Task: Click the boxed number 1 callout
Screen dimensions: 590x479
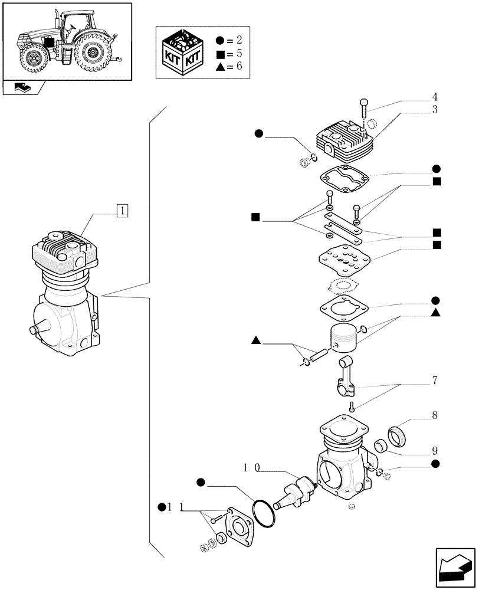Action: tap(122, 209)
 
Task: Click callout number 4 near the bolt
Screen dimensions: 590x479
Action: tap(434, 97)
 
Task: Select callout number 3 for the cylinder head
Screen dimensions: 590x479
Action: tap(434, 110)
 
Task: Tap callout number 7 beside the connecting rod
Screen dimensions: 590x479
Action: tap(434, 381)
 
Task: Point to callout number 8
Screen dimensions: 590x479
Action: tap(434, 415)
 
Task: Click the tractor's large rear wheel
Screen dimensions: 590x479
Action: tap(92, 52)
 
